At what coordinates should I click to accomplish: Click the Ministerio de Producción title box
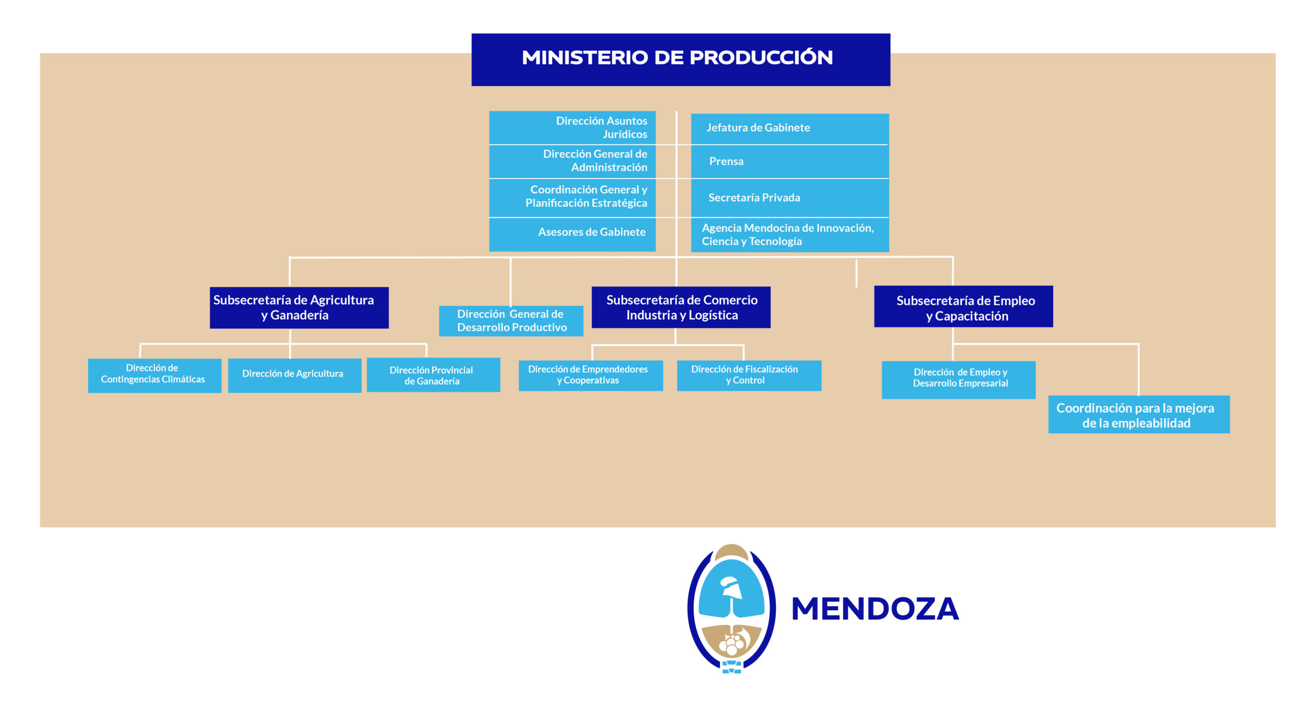[x=681, y=59]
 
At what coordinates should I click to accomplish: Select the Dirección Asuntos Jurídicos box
[x=572, y=127]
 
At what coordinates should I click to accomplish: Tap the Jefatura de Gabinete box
[x=789, y=128]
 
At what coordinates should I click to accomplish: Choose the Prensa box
[x=789, y=162]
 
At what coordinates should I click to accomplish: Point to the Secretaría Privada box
[x=789, y=198]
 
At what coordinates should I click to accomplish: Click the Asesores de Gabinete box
[x=572, y=234]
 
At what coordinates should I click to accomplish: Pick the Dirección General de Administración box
[x=572, y=161]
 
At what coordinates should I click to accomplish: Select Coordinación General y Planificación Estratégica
[x=572, y=197]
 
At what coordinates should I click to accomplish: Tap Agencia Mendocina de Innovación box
[x=789, y=235]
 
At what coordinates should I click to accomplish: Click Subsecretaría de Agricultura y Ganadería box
[x=299, y=307]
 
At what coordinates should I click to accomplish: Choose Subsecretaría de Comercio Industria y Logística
[x=681, y=307]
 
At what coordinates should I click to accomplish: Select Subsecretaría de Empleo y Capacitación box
[x=963, y=306]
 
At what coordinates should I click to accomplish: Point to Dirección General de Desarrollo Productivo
[x=511, y=321]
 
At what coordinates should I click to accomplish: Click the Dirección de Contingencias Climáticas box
[x=154, y=375]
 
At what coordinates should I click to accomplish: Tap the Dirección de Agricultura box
[x=295, y=375]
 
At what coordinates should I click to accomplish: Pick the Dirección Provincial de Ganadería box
[x=433, y=374]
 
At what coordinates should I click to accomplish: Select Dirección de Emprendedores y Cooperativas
[x=591, y=375]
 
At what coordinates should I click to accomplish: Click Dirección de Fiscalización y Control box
[x=749, y=375]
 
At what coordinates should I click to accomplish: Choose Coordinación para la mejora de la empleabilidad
[x=1139, y=414]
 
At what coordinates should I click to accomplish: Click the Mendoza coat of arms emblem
[x=731, y=609]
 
